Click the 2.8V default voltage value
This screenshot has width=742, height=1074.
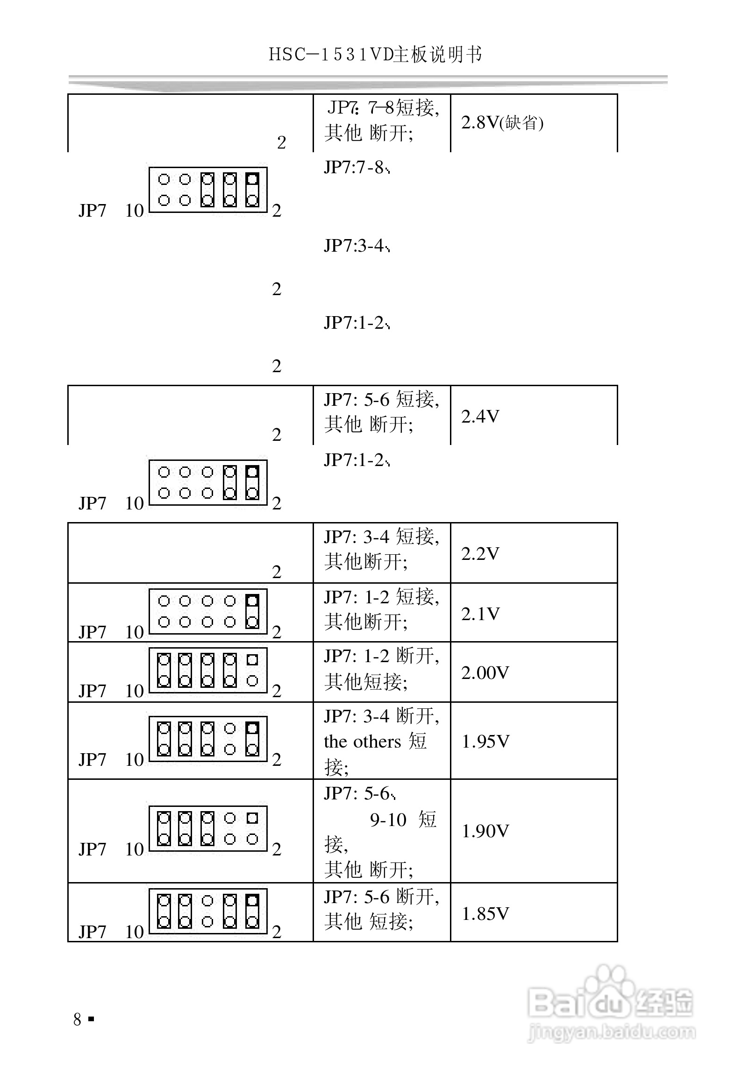502,123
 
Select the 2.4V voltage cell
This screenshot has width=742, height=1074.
480,416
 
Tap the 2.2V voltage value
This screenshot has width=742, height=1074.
480,553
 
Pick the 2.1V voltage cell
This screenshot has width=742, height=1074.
480,614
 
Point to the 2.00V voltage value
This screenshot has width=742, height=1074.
485,673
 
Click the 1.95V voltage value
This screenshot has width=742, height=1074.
485,741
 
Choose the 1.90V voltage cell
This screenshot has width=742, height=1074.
485,831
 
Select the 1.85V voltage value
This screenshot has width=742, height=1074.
485,913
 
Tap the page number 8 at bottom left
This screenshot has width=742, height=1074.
78,1019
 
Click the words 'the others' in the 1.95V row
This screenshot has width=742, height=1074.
362,742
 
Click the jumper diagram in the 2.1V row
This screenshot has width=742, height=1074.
208,611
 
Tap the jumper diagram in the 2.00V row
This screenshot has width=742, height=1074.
208,671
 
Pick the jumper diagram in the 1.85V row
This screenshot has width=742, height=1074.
208,911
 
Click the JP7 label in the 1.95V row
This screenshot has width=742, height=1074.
92,760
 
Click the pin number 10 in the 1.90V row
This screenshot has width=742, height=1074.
134,849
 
